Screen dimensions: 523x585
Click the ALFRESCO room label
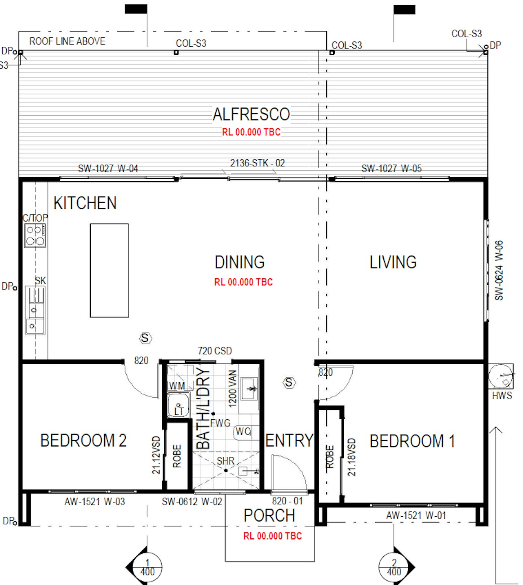coord(251,114)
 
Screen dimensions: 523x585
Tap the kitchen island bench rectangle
coord(109,270)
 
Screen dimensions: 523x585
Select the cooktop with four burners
coord(35,235)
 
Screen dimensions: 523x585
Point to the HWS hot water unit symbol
coord(501,376)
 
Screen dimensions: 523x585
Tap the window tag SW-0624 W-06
coord(499,270)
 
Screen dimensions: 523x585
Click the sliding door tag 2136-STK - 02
coord(257,163)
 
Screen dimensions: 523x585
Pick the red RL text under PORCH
coord(273,536)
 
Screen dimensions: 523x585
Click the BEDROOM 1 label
coord(412,441)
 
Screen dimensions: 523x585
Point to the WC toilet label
coord(243,432)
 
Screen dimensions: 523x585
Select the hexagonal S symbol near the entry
coord(289,382)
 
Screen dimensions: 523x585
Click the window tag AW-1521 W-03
coord(95,502)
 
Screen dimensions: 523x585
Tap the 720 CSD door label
coord(215,351)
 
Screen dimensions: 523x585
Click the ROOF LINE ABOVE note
coord(67,41)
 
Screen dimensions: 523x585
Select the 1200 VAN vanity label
coord(232,388)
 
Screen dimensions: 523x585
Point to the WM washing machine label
coord(177,386)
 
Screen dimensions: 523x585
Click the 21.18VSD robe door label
coord(352,457)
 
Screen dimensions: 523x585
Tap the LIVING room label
coord(393,262)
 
